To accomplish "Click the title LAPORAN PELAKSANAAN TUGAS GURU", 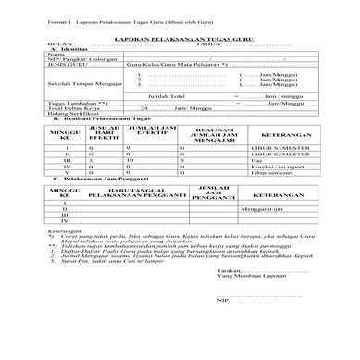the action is [180, 41].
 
